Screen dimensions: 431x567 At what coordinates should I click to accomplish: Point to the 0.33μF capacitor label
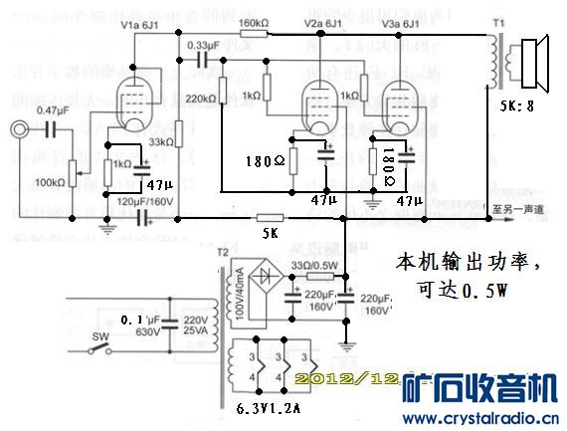203,45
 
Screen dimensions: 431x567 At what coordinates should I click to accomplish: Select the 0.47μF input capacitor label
53,109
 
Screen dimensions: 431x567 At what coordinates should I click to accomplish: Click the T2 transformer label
222,252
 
